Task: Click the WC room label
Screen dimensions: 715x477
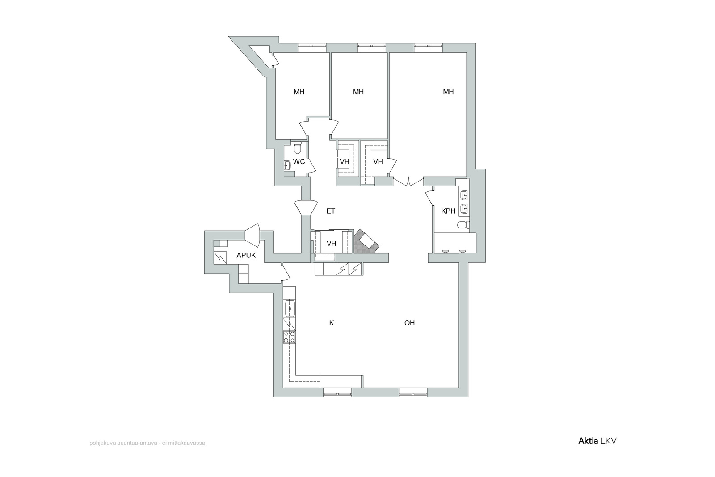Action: [x=299, y=161]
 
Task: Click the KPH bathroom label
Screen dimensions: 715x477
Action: [x=448, y=211]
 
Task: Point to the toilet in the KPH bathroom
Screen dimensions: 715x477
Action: [x=463, y=225]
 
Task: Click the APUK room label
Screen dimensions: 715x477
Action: [x=246, y=255]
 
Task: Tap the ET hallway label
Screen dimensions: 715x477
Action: [x=331, y=211]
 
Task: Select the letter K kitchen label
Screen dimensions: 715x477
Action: [x=332, y=323]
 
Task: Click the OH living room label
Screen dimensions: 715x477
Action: [x=409, y=323]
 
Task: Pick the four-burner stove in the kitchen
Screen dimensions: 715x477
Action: [x=289, y=337]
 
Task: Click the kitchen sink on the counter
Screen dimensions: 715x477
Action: [x=290, y=308]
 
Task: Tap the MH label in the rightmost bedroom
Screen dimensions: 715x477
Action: [x=448, y=92]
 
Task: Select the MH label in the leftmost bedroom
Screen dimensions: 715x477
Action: [x=299, y=92]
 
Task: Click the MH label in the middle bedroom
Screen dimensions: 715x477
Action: [x=358, y=92]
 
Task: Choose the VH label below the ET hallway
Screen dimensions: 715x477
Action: [x=331, y=244]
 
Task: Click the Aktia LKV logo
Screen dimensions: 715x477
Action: [x=597, y=441]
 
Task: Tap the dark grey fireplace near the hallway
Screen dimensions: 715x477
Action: [x=366, y=242]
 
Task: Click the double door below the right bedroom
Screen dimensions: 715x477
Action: [x=408, y=182]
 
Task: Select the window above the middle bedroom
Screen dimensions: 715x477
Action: [x=372, y=47]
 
